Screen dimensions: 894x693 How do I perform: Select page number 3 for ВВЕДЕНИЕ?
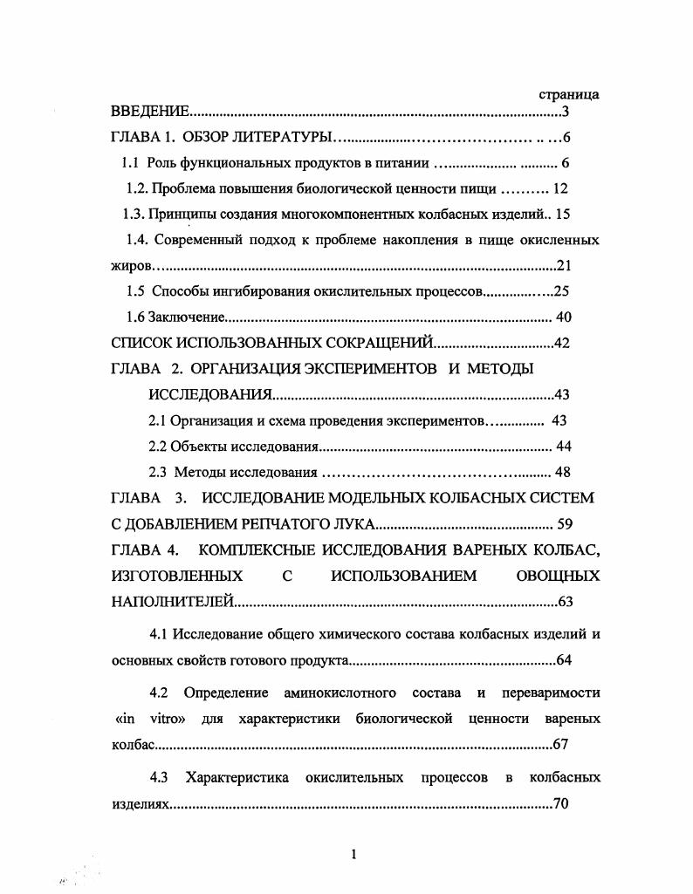(x=566, y=113)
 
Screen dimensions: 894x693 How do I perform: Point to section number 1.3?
(x=134, y=214)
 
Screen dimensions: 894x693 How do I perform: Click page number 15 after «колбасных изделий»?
(x=562, y=214)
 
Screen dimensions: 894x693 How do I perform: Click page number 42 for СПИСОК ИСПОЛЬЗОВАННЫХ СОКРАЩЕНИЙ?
(x=562, y=343)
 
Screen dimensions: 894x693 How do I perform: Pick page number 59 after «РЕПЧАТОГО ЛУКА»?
(x=563, y=524)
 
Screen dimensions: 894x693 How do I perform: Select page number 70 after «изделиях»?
(x=561, y=804)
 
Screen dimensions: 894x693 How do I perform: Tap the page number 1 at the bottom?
(x=353, y=855)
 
